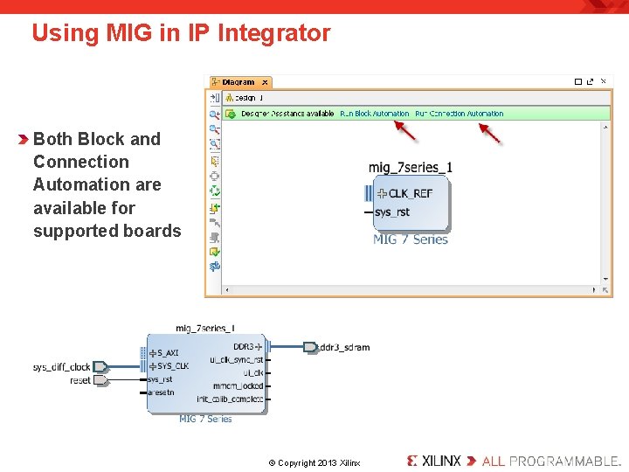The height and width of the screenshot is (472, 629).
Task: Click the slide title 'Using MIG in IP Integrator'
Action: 181,33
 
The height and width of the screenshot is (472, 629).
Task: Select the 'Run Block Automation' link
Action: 374,114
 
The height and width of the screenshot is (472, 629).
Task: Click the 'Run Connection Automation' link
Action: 459,114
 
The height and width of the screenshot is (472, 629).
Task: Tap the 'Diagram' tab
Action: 238,82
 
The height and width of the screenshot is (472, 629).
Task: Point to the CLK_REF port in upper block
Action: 410,193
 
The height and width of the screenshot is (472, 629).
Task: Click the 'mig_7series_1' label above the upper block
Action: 410,167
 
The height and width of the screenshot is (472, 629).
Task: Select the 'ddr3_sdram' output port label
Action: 343,347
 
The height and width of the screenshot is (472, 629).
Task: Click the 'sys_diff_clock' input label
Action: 61,367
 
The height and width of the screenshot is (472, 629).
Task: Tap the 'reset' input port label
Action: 79,380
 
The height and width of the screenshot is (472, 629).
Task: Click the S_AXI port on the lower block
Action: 167,353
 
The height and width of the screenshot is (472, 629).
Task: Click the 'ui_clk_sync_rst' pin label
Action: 236,360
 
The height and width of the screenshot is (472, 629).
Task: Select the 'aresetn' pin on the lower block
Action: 161,392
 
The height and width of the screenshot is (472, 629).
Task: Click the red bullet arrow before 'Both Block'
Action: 24,139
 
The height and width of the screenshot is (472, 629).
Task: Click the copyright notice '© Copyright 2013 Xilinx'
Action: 314,462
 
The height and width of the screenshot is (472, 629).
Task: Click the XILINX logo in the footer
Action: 434,460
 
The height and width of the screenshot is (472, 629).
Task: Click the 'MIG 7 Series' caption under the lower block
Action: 205,419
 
